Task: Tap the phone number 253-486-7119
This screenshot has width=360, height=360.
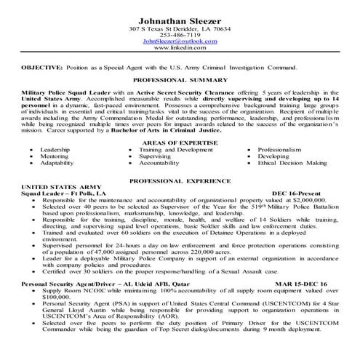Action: coord(180,35)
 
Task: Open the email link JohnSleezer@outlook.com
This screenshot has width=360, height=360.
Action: coord(180,41)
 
